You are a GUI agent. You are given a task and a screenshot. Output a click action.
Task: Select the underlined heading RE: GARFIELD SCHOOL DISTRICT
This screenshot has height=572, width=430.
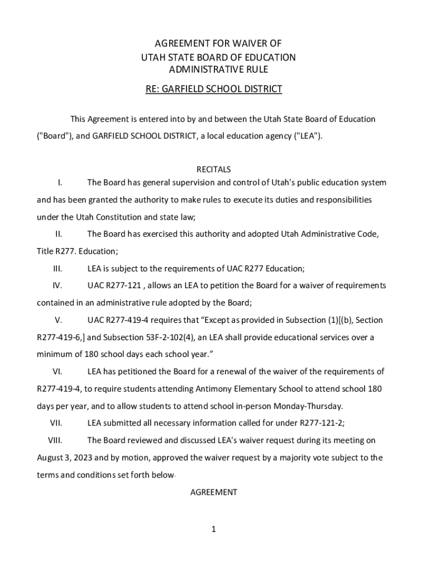point(214,89)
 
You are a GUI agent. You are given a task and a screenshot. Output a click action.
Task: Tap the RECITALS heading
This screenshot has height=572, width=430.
point(214,169)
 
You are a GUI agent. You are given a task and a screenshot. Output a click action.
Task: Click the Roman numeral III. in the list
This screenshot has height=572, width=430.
point(58,269)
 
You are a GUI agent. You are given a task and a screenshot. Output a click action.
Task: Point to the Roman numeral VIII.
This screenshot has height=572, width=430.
point(55,440)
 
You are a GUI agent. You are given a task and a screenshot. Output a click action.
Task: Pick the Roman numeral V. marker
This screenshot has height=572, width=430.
point(58,320)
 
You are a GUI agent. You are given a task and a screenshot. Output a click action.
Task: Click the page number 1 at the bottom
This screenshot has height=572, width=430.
point(213,529)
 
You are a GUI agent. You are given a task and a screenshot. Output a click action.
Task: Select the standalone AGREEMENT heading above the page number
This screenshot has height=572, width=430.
point(214,492)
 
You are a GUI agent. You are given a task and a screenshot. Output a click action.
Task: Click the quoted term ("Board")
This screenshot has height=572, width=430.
point(51,136)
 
